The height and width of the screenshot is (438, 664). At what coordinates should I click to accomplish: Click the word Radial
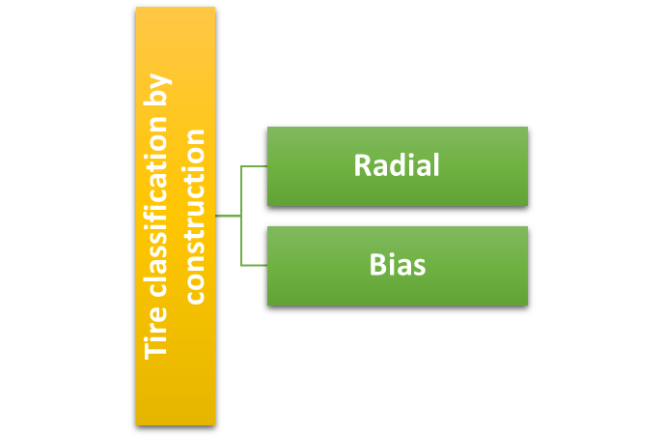[397, 165]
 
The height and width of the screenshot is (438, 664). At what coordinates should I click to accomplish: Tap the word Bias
[397, 265]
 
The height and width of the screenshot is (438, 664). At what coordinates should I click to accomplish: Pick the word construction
[194, 216]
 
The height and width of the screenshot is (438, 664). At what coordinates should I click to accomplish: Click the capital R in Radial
[362, 165]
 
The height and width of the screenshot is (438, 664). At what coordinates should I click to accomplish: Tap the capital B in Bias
[377, 265]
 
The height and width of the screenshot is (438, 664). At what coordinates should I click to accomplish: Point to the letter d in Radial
[398, 165]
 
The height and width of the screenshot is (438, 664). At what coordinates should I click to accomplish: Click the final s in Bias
[419, 266]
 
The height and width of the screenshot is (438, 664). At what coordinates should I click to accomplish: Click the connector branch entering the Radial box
[254, 166]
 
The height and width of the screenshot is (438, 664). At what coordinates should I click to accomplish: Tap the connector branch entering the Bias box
[254, 265]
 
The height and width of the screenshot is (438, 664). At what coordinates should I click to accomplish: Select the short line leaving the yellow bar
[228, 216]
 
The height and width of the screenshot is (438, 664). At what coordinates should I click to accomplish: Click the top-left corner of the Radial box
[268, 128]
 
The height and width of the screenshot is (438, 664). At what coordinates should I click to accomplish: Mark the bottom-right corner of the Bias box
[527, 305]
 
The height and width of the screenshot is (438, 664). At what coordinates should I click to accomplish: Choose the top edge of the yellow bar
[176, 8]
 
